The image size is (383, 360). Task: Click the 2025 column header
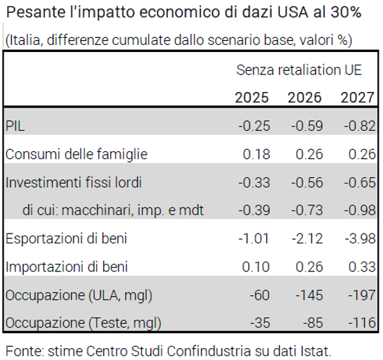(252, 98)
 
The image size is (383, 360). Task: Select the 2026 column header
(304, 98)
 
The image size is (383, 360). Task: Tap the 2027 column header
(358, 98)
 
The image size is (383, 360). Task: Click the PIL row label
(15, 126)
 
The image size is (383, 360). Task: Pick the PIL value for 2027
(360, 126)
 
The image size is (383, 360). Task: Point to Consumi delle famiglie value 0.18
(257, 154)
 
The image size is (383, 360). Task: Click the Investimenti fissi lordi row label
(74, 183)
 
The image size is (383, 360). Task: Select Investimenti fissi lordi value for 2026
(307, 183)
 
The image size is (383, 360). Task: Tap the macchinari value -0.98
(360, 210)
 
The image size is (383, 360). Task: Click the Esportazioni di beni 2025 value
(254, 238)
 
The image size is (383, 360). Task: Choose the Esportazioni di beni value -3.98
(361, 238)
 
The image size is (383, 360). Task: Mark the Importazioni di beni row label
(67, 266)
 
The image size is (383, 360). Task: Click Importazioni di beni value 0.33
(362, 266)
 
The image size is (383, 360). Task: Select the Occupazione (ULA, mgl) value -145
(309, 295)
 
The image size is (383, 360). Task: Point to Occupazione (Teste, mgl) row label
(84, 323)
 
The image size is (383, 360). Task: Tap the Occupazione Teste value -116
(362, 323)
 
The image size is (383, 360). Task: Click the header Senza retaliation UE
(299, 70)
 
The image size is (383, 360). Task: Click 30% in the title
(346, 12)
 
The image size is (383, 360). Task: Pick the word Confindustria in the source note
(209, 351)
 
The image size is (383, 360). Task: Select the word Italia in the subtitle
(25, 40)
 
